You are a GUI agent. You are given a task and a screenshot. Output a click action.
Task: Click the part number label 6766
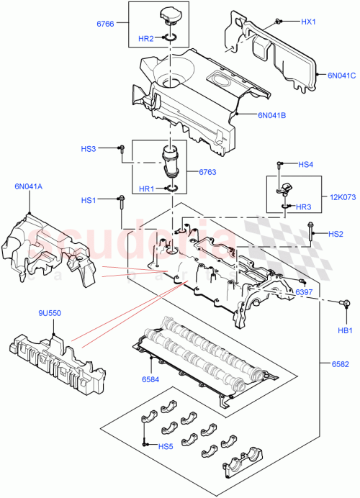coord(107,24)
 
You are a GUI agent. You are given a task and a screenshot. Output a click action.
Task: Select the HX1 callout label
coord(308,22)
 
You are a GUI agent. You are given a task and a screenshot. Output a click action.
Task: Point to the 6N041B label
coord(272,114)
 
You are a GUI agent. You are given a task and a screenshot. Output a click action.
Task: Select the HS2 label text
coord(336,234)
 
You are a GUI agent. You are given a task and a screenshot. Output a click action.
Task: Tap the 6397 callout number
coord(304,292)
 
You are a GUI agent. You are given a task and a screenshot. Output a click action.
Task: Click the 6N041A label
coord(28,186)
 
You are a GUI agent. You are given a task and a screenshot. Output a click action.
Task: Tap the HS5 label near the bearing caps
coord(166,446)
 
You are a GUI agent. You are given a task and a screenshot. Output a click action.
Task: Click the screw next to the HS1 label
coord(120,199)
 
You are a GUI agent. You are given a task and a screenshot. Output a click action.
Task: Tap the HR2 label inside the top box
coord(145,38)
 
